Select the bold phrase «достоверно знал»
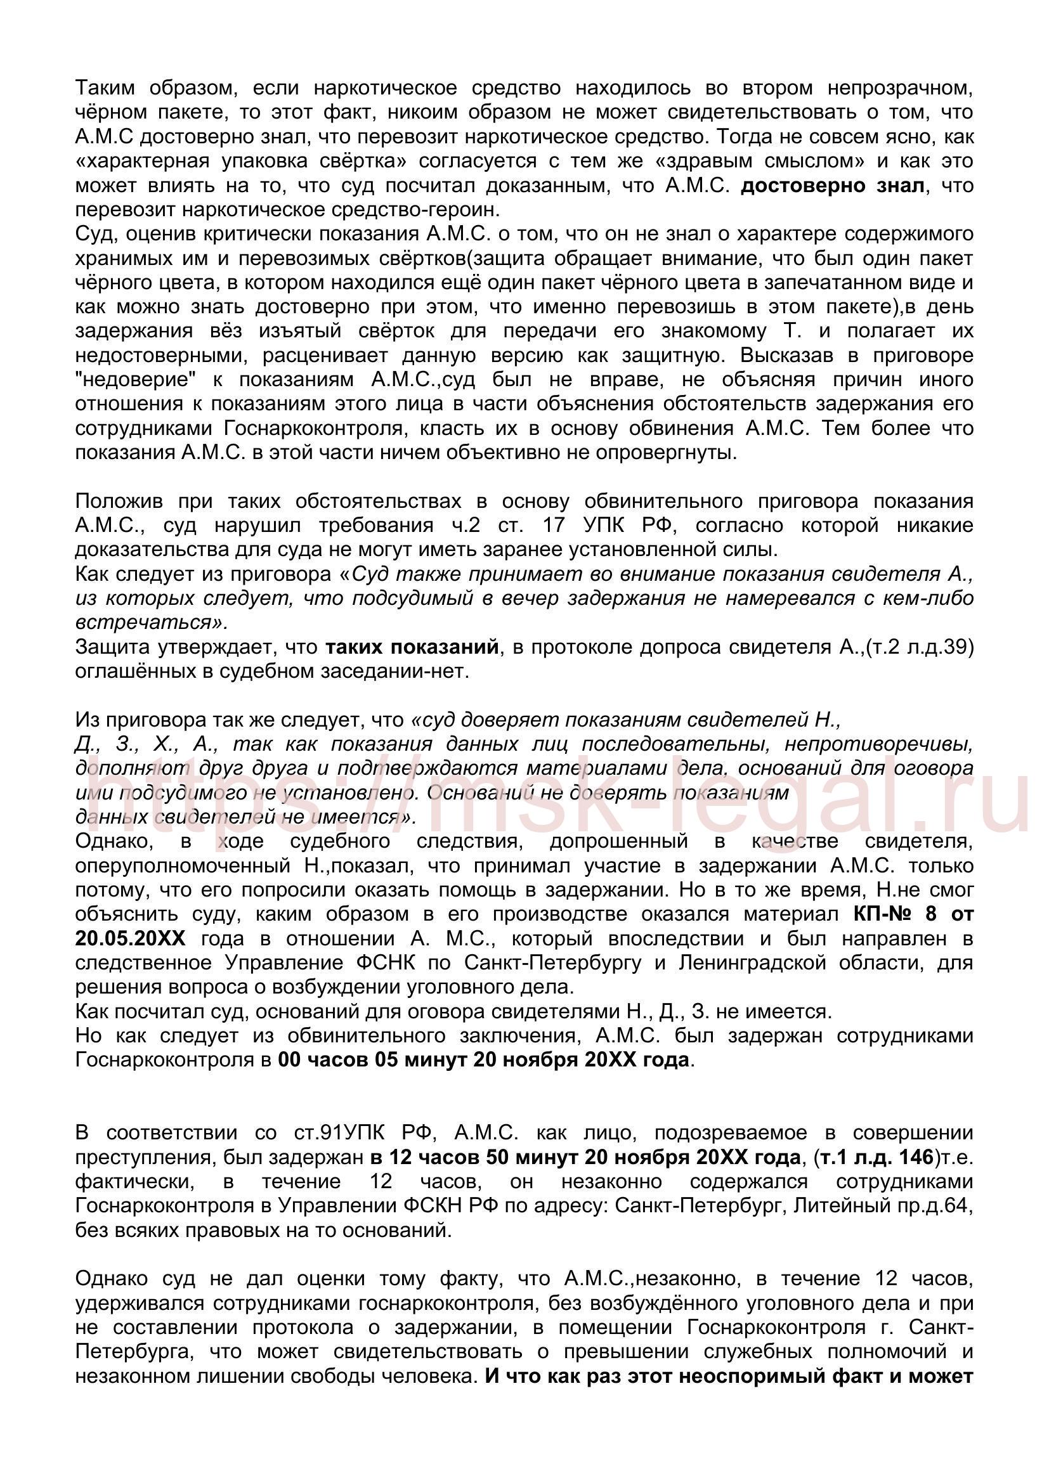point(833,185)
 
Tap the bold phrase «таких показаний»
point(412,647)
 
